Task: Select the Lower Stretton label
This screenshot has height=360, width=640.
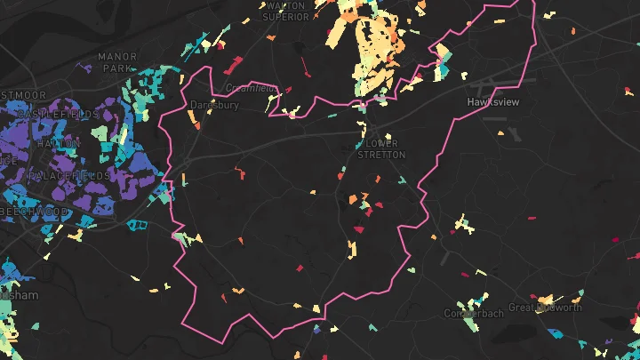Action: pos(381,148)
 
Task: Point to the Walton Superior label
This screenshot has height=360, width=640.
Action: pos(285,11)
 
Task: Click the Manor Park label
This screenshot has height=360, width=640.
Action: pos(117,61)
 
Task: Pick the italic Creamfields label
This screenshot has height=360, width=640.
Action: pos(252,88)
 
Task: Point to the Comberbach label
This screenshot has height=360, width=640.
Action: pos(474,314)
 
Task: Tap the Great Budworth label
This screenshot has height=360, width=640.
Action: pos(545,308)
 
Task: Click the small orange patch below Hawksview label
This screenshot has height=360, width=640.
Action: pos(500,134)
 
